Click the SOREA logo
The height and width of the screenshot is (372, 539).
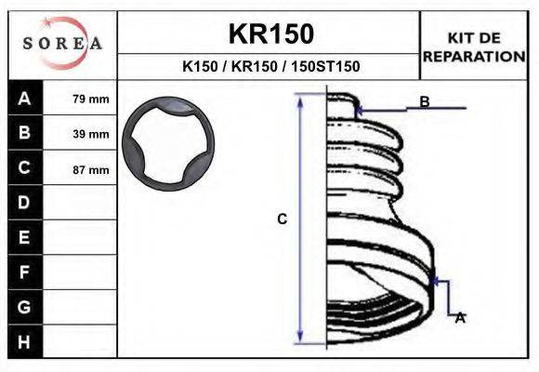[62, 43]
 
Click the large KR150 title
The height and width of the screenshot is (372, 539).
[271, 33]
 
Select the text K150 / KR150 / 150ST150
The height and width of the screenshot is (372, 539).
[271, 66]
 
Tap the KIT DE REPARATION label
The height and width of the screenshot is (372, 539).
[474, 47]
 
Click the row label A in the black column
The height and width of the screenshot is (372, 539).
[24, 99]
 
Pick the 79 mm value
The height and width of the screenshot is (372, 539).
[91, 100]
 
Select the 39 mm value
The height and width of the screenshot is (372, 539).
[91, 134]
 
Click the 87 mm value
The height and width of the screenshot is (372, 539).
[91, 169]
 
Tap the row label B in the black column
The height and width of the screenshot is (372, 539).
[24, 132]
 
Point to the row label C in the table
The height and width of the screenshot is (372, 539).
[24, 167]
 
